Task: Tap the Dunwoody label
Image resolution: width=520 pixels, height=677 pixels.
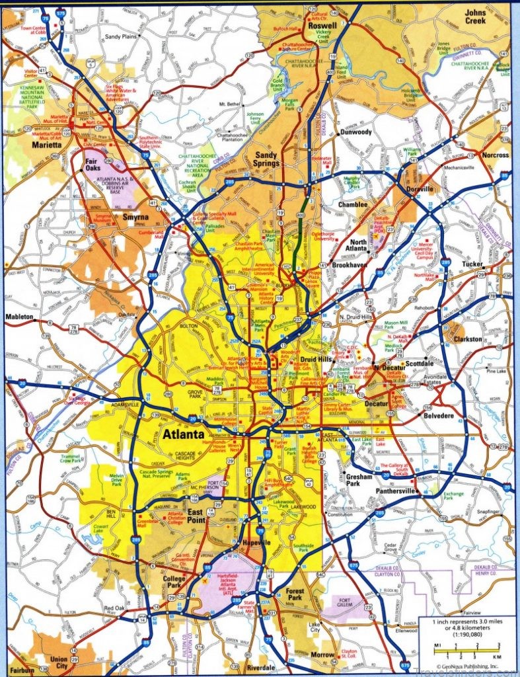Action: click(x=356, y=132)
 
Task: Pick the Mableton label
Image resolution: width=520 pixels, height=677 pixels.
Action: click(x=19, y=317)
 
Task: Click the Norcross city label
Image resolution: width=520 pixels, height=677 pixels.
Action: click(x=496, y=155)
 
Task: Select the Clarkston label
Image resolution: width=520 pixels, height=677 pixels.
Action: click(x=468, y=339)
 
